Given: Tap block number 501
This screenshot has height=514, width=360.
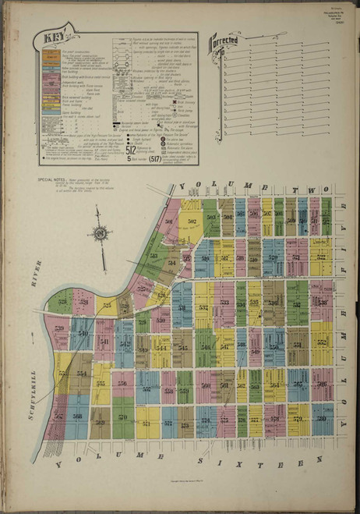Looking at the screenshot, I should (x=168, y=221).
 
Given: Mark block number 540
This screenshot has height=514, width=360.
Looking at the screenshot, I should (x=82, y=333).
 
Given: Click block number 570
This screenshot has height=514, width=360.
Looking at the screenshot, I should (x=122, y=417).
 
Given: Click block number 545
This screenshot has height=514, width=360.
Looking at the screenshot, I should (x=183, y=348).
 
